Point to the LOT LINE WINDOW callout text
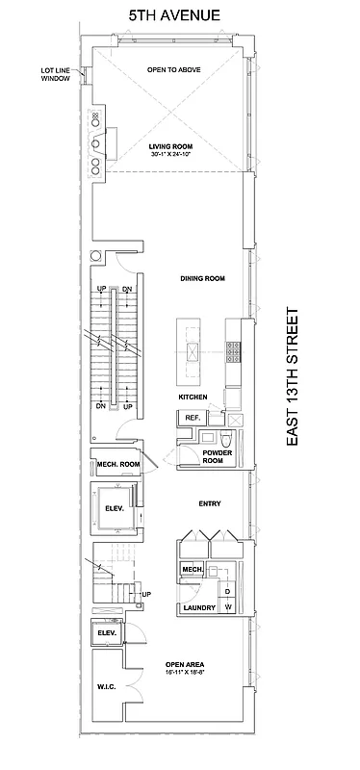(55, 74)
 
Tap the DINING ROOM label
(202, 279)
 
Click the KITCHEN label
(193, 398)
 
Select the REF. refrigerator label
(191, 417)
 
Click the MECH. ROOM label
(118, 465)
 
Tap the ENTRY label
(210, 502)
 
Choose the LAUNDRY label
(198, 608)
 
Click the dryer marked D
(227, 591)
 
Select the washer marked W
(228, 607)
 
